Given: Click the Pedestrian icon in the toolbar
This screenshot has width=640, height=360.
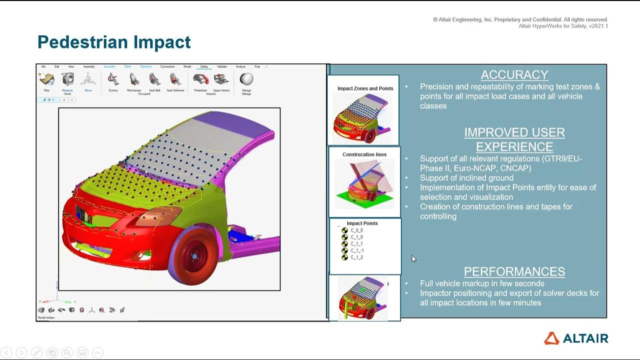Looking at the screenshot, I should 200,79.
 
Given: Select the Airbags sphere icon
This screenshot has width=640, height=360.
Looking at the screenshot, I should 246,79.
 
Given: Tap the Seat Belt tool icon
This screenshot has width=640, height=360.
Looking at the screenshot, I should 155,79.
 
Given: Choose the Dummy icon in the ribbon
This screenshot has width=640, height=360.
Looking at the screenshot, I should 113,79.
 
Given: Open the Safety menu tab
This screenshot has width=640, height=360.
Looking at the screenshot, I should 204,66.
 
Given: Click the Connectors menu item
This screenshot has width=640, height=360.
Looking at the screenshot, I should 167,66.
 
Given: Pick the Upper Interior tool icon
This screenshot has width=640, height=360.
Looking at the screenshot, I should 221,79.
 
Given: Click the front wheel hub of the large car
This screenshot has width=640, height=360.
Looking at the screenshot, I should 194,256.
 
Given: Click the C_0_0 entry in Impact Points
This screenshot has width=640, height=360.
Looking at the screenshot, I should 356,230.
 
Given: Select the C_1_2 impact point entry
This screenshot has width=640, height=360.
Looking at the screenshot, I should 356,257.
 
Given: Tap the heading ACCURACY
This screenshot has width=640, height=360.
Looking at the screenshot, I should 514,75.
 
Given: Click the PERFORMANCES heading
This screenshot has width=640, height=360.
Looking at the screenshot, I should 514,271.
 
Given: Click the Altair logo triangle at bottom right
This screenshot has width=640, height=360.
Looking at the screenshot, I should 551,338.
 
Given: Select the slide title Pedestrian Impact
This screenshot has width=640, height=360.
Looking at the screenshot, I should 114,42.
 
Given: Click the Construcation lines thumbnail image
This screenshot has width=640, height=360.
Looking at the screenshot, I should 364,184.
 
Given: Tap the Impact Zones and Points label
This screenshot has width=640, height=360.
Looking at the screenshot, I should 365,88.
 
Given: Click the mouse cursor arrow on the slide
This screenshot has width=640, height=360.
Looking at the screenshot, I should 413,258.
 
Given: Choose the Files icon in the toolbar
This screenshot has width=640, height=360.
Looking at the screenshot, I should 46,79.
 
